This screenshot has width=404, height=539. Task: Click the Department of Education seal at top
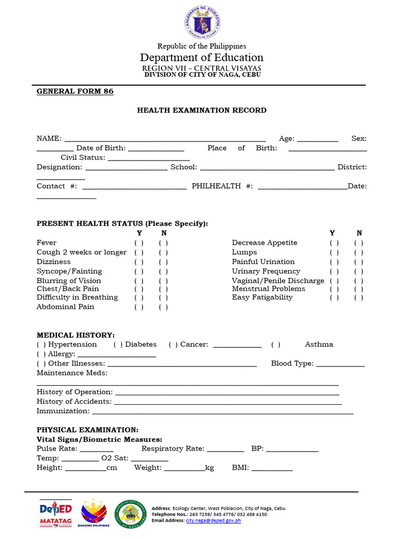pyautogui.click(x=202, y=23)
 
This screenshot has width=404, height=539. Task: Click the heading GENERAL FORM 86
pyautogui.click(x=75, y=91)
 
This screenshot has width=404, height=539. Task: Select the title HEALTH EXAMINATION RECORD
pyautogui.click(x=201, y=110)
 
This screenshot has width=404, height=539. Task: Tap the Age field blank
pyautogui.click(x=317, y=139)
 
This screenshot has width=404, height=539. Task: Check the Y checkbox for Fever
pyautogui.click(x=139, y=243)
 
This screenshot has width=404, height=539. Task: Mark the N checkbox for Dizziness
pyautogui.click(x=164, y=262)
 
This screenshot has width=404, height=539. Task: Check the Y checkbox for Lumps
pyautogui.click(x=334, y=253)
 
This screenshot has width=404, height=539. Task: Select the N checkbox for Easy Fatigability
pyautogui.click(x=359, y=298)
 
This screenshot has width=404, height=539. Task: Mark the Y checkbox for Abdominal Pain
pyautogui.click(x=139, y=307)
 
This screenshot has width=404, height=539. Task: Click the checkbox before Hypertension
pyautogui.click(x=41, y=345)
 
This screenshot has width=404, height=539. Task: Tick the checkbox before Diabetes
pyautogui.click(x=118, y=345)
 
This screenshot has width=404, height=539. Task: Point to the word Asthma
pyautogui.click(x=319, y=344)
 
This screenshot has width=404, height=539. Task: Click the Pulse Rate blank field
pyautogui.click(x=97, y=449)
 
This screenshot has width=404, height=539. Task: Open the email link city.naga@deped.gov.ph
pyautogui.click(x=213, y=521)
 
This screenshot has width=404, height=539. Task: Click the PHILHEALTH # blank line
pyautogui.click(x=302, y=186)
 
